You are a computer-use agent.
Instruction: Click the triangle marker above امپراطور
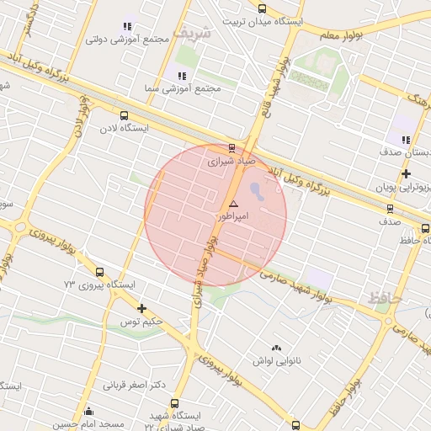233,205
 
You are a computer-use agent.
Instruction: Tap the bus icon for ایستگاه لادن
125,115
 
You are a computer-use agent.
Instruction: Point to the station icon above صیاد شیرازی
232,148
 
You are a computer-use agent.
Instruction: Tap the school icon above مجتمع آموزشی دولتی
127,27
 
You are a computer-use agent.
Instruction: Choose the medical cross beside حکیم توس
141,309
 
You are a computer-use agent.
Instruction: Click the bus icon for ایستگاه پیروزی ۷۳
100,273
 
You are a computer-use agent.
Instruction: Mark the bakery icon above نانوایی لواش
275,348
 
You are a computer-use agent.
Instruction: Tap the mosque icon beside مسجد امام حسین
88,411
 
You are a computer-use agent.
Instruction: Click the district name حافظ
386,297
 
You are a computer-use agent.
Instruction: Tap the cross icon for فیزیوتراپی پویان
406,173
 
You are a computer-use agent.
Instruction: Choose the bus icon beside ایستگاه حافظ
425,229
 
